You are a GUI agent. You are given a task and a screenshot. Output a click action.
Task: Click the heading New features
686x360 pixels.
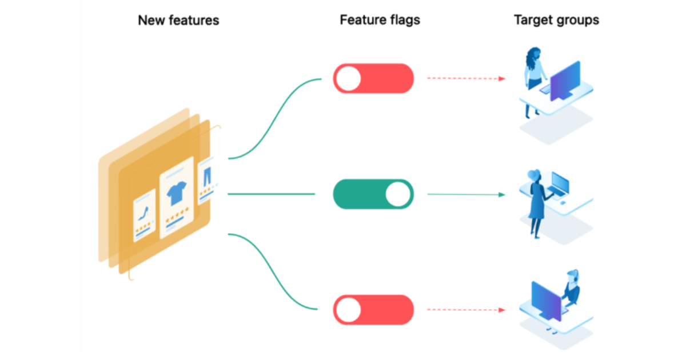[178, 21]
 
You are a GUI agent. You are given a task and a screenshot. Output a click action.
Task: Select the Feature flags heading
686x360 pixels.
[380, 21]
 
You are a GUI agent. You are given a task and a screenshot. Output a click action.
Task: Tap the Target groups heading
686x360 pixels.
[556, 21]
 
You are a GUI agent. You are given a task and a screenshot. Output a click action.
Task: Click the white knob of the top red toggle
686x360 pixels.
[348, 78]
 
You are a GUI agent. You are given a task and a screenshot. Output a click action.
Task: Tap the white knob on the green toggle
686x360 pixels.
[398, 194]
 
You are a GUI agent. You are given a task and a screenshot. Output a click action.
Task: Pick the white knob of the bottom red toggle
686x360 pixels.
[348, 310]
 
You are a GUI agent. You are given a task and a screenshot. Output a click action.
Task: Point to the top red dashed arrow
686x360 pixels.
[466, 78]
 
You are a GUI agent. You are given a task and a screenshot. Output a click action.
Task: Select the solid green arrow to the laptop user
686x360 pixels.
[466, 194]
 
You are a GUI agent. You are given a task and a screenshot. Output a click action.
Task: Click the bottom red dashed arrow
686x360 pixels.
[466, 310]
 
